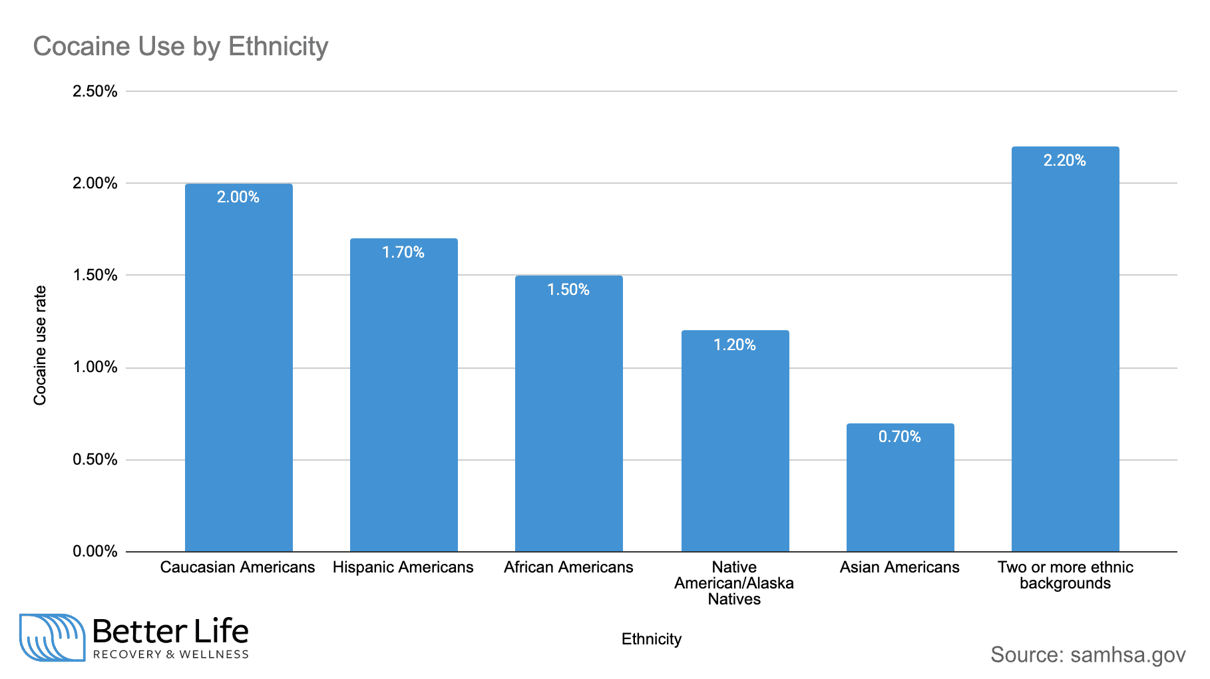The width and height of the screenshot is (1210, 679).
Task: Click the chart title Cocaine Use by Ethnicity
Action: point(180,47)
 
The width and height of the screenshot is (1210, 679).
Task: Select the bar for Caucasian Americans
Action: point(238,373)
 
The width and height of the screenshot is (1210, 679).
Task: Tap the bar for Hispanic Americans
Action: point(403,399)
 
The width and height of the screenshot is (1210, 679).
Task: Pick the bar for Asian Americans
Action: point(900,493)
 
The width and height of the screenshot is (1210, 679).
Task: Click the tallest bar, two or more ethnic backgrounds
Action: point(1065,353)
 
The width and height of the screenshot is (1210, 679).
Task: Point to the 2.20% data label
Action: point(1064,160)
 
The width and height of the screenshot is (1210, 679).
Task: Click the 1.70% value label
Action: point(403,252)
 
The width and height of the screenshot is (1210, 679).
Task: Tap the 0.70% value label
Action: point(900,437)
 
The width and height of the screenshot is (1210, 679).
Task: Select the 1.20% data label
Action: point(735,345)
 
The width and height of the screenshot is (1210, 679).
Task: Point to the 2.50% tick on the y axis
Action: point(95,91)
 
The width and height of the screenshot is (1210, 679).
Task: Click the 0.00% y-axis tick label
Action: point(95,551)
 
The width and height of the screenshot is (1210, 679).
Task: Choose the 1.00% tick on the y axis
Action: point(95,367)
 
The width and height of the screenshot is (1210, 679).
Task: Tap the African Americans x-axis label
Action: point(568,567)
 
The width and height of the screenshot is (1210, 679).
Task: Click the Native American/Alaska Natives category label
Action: point(734,583)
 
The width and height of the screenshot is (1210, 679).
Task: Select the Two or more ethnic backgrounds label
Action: point(1065,575)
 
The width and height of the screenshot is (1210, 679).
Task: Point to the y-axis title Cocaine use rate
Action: point(41,345)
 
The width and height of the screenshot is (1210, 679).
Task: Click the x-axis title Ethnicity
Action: point(651,639)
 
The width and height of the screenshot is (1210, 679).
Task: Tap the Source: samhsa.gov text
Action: point(1088,654)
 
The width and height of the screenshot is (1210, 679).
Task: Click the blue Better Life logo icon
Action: point(52,637)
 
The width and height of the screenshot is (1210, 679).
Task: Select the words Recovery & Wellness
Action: point(171,654)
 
